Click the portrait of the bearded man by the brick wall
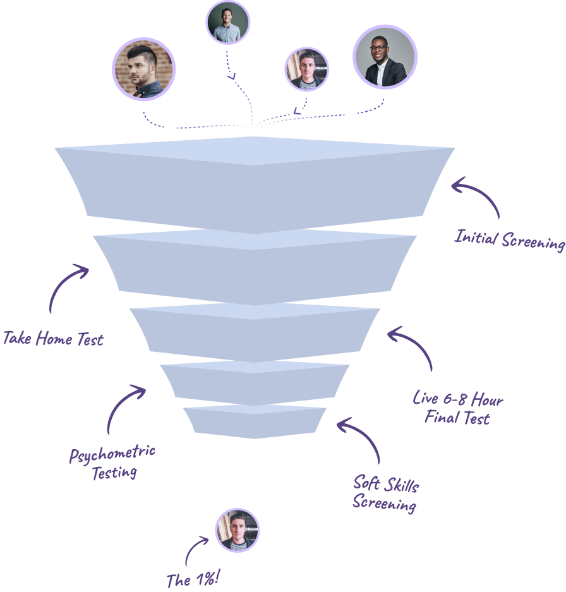144,69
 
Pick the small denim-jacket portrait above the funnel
307,69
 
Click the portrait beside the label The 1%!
238,530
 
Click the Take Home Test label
53,339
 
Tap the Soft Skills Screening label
385,494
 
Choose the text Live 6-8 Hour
458,399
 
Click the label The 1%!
193,579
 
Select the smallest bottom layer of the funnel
255,422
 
